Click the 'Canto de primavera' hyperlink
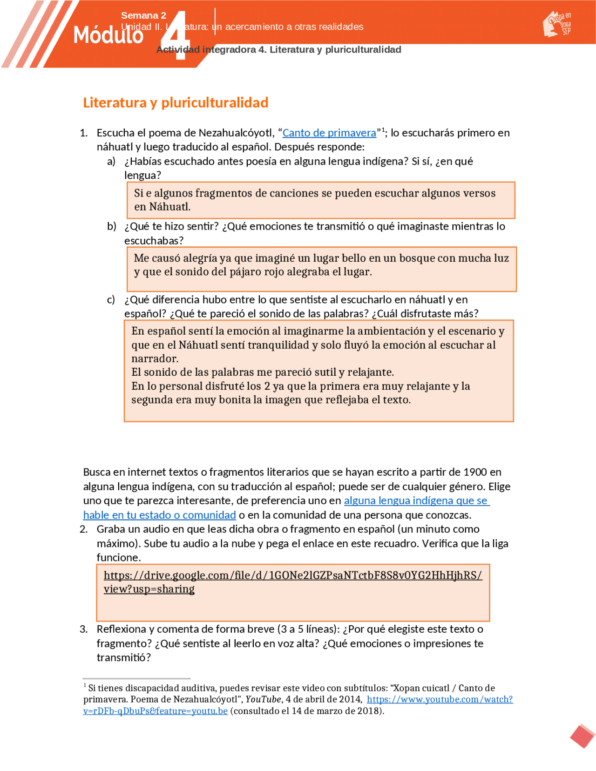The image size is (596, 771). [329, 133]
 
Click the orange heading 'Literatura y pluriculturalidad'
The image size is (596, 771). [176, 102]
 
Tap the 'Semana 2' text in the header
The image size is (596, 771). [143, 15]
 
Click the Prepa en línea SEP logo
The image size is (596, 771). [557, 24]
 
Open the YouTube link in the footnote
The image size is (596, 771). [440, 699]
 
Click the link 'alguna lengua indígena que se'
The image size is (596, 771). [416, 500]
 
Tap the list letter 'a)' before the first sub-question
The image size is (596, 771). [111, 162]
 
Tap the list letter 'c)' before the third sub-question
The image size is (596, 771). [111, 300]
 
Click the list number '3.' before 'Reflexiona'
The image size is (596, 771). [84, 629]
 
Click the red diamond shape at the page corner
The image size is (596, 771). [582, 736]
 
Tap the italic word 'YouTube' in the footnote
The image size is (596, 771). [263, 699]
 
